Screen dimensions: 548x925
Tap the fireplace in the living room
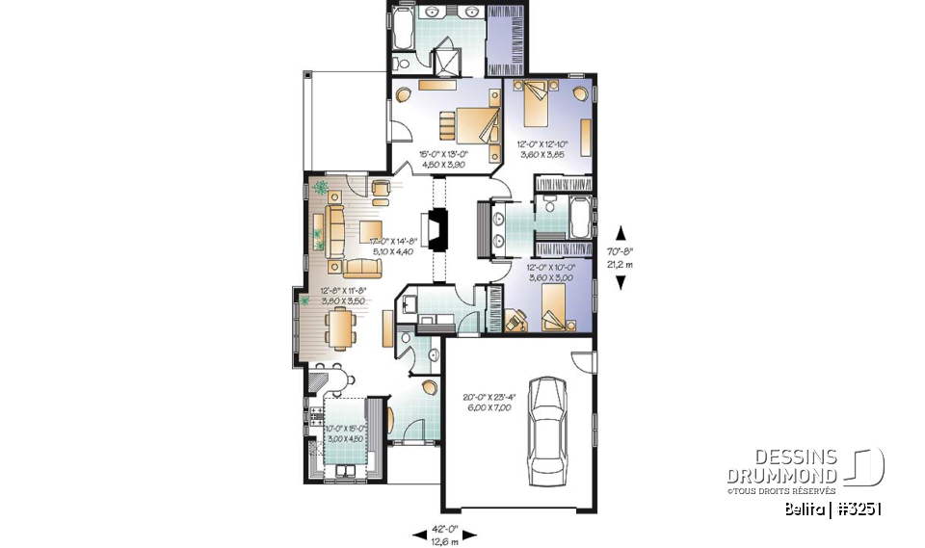tap(439, 230)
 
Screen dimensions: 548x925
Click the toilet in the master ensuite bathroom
tap(402, 63)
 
